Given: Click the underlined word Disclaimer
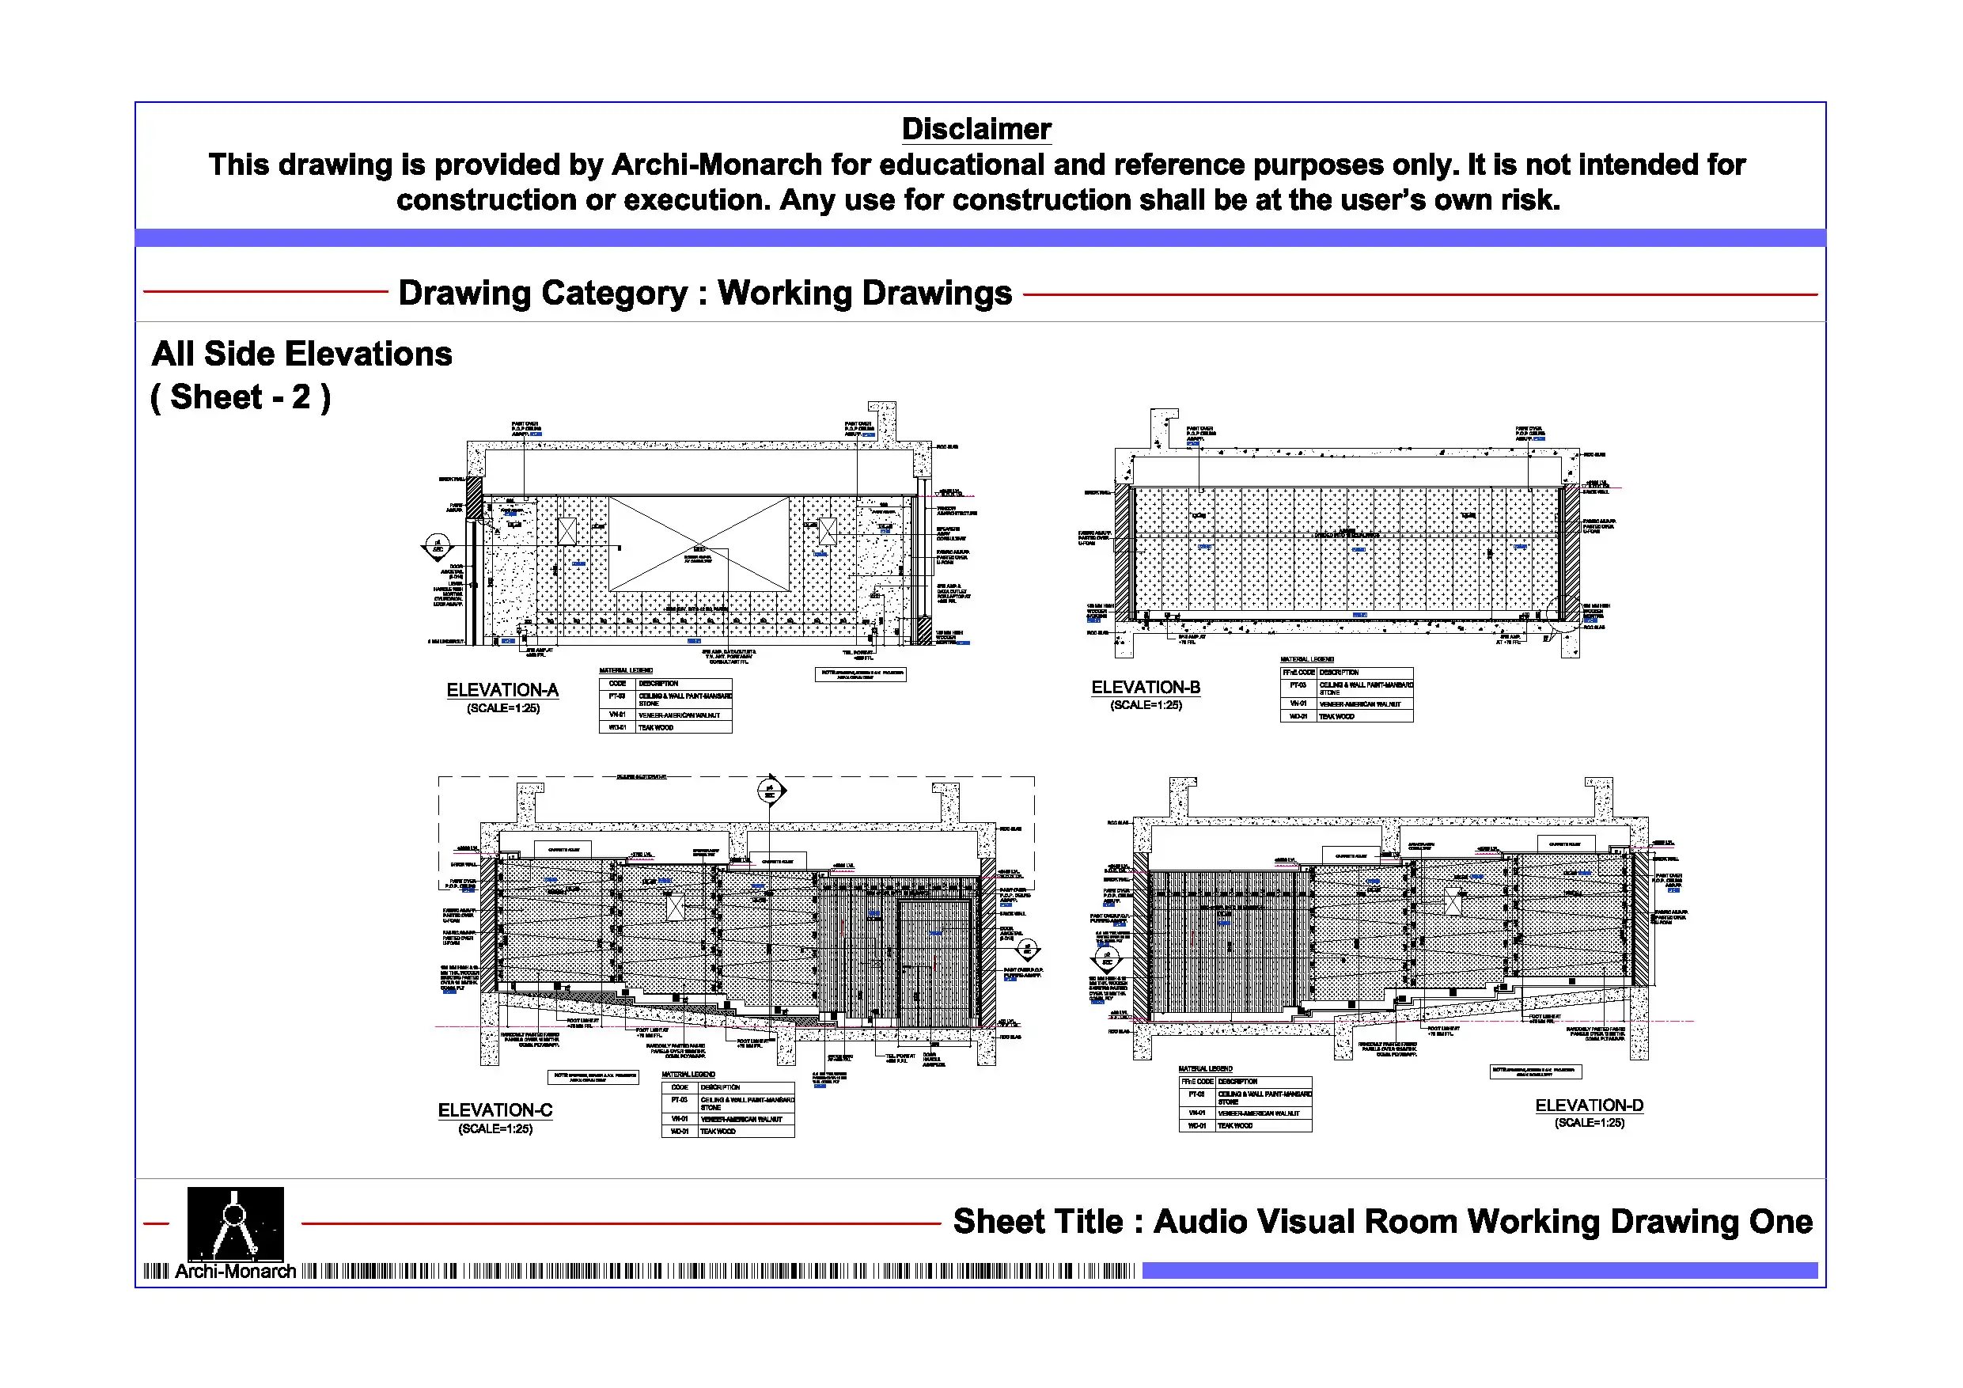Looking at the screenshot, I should [976, 129].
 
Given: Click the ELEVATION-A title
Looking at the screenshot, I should [502, 690].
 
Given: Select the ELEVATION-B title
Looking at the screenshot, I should [1146, 688].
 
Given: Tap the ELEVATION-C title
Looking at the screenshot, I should [495, 1110].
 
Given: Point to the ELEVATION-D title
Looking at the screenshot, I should [1589, 1105].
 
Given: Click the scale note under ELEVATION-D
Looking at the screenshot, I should [1589, 1123].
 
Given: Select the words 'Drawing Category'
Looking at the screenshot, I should [543, 294].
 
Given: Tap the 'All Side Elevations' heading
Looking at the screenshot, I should [301, 354].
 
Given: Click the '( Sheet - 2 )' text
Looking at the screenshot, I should [241, 398].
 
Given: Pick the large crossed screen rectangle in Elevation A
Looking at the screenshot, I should [699, 544].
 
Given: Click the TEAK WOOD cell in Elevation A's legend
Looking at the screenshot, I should [656, 728].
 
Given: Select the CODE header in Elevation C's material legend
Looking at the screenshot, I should [680, 1088].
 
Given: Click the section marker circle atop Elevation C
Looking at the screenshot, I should [770, 791].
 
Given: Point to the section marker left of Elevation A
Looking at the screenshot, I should [437, 545].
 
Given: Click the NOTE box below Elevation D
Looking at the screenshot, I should [1536, 1071].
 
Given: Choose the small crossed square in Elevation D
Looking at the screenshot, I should [1453, 901].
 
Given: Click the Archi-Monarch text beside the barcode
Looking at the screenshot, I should [235, 1272].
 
